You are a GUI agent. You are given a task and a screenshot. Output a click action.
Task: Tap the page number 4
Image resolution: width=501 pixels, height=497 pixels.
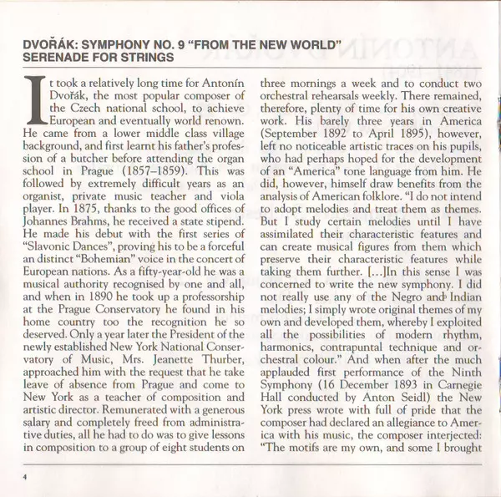click(x=26, y=476)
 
